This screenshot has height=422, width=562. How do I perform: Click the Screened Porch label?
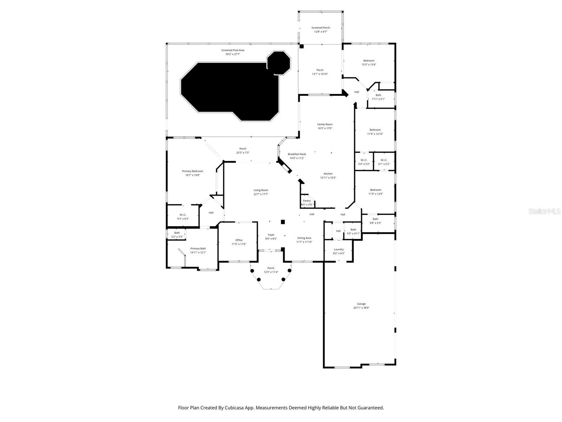coord(320,28)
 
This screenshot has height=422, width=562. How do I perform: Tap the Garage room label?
coord(361,304)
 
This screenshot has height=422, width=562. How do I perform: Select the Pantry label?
coord(307,201)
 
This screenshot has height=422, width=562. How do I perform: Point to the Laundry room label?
coord(339,249)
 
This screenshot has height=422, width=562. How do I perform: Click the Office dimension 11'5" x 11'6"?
coord(238,244)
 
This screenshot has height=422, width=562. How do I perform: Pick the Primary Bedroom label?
coord(192,171)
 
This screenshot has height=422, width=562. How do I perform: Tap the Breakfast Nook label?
coord(297,154)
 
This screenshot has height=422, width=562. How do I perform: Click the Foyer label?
coord(271,235)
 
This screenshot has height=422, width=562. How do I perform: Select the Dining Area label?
coord(304,238)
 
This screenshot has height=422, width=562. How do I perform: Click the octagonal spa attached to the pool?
coord(279,63)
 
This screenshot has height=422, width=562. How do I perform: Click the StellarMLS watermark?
coord(545,211)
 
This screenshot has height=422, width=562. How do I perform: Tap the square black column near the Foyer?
coord(282,222)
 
